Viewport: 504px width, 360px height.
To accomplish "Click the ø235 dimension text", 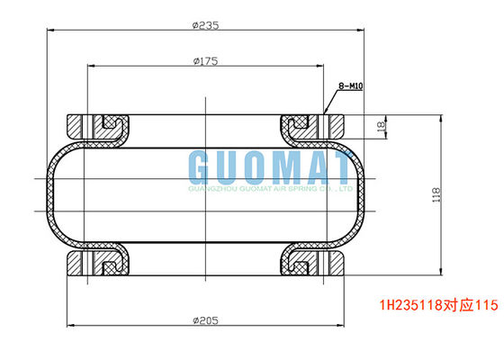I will tap(206, 25).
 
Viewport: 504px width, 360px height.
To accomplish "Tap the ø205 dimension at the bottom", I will tap(206, 319).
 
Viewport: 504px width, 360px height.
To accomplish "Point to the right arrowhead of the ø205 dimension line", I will tap(343, 326).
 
